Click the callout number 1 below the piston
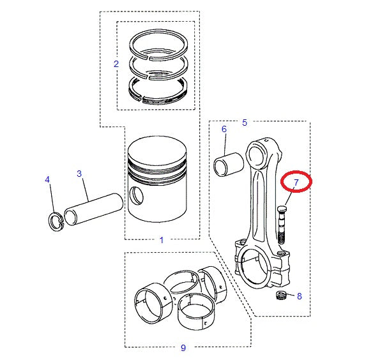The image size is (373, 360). pos(161,240)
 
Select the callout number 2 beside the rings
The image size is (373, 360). pos(116,64)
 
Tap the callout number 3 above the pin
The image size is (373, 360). pos(79,173)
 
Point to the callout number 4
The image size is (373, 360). pos(47,180)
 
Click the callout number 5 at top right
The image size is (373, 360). pos(244,122)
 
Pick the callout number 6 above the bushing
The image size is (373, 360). pos(224,129)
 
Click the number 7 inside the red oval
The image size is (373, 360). pos(296,183)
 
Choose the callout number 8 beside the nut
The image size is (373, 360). pos(299,296)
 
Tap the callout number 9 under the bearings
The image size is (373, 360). pos(183,348)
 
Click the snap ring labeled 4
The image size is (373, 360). pos(55,221)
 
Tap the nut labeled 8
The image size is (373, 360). pos(279,296)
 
